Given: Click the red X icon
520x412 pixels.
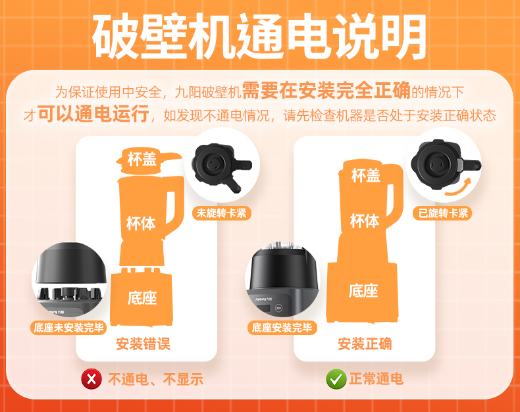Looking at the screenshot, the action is [91, 379].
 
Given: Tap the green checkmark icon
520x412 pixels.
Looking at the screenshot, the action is [336, 379].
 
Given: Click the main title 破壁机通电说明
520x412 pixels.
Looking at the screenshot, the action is [259, 36].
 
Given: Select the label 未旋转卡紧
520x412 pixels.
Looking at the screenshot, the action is [222, 213].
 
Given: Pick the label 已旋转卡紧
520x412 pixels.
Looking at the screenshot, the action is [442, 213].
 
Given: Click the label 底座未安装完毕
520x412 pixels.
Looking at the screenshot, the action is [68, 328].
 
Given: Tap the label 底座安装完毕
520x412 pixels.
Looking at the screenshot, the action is [282, 328].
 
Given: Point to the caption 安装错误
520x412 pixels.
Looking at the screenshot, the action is [143, 344].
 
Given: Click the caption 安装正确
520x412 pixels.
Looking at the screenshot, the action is [365, 344].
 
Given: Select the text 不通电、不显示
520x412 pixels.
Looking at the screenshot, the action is [155, 379].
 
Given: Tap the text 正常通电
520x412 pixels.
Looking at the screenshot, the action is [376, 379].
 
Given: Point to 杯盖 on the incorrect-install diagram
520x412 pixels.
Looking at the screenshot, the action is [142, 159].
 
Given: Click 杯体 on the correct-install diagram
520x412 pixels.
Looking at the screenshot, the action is [365, 220].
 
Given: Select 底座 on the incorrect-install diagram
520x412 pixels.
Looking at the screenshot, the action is [142, 297].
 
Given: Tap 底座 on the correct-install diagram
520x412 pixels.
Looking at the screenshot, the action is [363, 291].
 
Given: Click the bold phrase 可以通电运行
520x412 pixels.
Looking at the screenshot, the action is [93, 114].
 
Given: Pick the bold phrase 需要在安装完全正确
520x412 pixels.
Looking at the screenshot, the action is [326, 90].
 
